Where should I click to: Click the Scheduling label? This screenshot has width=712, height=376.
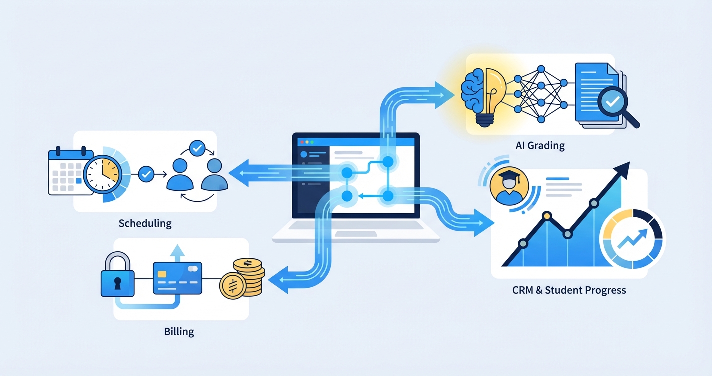(x=145, y=223)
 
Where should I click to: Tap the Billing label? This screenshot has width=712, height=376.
(x=179, y=331)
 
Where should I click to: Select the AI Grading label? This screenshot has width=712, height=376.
(x=540, y=146)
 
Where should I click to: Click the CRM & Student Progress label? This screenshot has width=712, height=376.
(x=569, y=290)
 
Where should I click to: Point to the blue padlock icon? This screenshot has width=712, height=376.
(x=118, y=278)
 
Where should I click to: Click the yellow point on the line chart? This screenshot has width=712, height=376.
(x=547, y=216)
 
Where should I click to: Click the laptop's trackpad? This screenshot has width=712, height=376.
(x=355, y=234)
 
